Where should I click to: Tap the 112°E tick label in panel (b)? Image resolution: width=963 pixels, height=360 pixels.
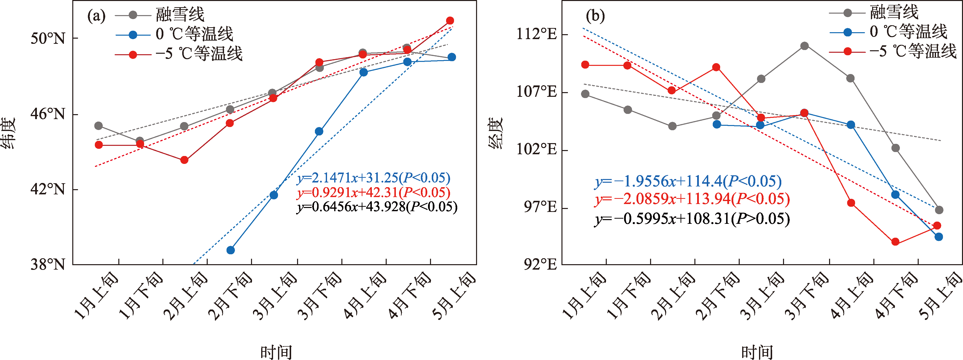click(536, 34)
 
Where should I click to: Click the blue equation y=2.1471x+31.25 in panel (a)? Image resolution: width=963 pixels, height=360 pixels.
click(374, 178)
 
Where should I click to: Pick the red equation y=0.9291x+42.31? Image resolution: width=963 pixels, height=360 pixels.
click(374, 193)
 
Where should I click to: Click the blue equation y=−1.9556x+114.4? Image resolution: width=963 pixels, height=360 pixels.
click(688, 181)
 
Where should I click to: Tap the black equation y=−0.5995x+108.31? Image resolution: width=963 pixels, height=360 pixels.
click(692, 219)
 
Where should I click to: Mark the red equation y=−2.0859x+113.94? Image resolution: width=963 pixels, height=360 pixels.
click(692, 199)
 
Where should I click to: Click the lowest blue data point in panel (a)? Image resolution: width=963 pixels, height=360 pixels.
click(231, 250)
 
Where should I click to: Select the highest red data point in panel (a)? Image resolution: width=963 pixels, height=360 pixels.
click(450, 21)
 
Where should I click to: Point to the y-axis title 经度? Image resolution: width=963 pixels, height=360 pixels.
click(496, 133)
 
